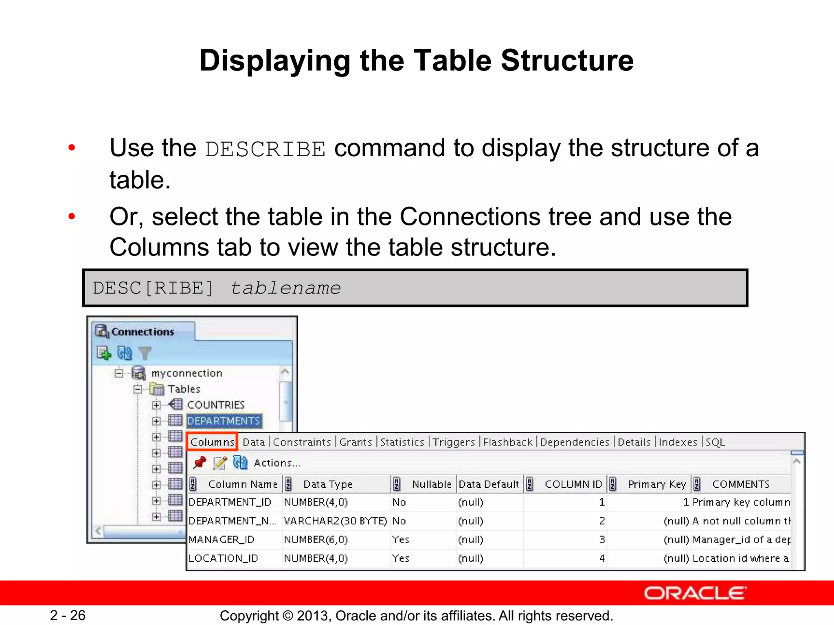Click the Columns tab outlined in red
click(x=212, y=442)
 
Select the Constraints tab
click(x=302, y=442)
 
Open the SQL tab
click(x=715, y=442)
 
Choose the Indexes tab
click(x=678, y=442)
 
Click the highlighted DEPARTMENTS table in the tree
click(x=224, y=421)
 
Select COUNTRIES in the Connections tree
click(x=215, y=405)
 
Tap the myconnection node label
click(x=187, y=373)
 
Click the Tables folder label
click(x=184, y=389)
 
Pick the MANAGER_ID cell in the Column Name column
click(x=222, y=540)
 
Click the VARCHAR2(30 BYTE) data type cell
click(x=335, y=521)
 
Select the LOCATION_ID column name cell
click(x=223, y=558)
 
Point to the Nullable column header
click(x=431, y=484)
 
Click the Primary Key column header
click(x=656, y=484)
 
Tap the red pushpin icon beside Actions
click(x=200, y=463)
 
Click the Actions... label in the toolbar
click(x=277, y=463)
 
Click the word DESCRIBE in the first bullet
click(x=265, y=149)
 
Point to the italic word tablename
click(x=285, y=288)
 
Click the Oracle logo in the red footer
click(x=695, y=593)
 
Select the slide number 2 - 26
click(x=68, y=615)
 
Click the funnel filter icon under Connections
click(x=145, y=353)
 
